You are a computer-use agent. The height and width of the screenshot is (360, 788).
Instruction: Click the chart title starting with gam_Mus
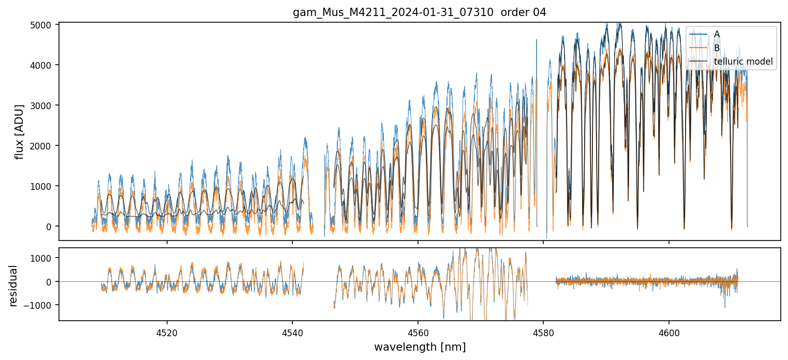tap(420, 12)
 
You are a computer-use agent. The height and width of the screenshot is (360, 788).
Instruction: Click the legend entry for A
tap(717, 34)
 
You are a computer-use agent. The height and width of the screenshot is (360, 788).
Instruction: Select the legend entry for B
tap(717, 48)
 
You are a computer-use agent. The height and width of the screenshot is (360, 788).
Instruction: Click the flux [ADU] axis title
tap(20, 131)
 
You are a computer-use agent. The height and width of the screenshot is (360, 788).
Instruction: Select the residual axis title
tap(13, 286)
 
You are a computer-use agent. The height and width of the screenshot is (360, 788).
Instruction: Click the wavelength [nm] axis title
tap(420, 347)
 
